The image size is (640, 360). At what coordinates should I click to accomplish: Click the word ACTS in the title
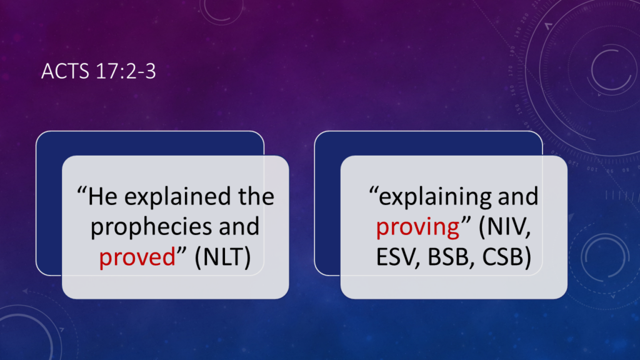65,71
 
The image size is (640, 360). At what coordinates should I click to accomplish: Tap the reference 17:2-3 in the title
126,71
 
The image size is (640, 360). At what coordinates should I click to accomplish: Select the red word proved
137,257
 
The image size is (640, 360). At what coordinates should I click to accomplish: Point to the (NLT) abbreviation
222,257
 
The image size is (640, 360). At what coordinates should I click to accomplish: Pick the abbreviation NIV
504,226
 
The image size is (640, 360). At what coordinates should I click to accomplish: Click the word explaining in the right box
435,197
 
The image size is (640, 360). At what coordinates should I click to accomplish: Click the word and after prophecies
239,226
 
